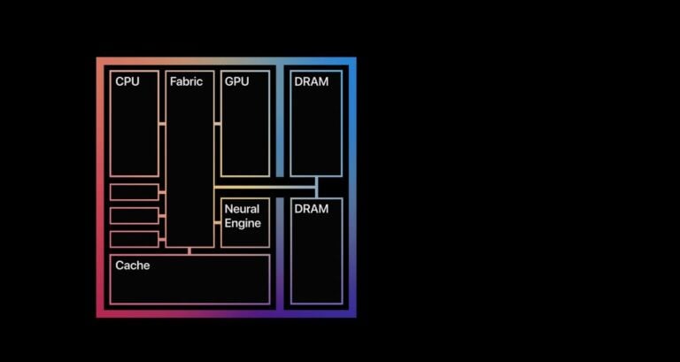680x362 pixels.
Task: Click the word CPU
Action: [x=127, y=81]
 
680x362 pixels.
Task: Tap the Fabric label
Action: [x=186, y=81]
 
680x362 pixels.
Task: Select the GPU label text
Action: [x=237, y=81]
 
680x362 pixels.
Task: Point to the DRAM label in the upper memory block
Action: [x=311, y=81]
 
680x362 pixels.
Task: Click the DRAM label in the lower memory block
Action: [x=311, y=209]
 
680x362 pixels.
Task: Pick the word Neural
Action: [x=242, y=210]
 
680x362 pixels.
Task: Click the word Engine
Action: [x=243, y=224]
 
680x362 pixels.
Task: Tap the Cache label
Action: [x=133, y=266]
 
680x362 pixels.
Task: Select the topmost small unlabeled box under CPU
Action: [x=135, y=192]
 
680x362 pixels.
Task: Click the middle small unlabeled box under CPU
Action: [x=135, y=215]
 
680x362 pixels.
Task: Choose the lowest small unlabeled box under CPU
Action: [x=135, y=238]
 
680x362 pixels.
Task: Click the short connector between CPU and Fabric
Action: [x=162, y=124]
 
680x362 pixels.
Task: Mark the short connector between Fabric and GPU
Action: [x=217, y=124]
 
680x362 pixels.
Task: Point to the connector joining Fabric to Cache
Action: [x=189, y=250]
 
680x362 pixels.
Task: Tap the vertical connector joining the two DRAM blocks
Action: [x=316, y=187]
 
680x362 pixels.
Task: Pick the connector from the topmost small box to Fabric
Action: [x=162, y=193]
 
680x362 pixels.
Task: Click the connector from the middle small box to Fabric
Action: [x=162, y=215]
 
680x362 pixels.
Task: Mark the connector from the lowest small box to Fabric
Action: [x=162, y=238]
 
